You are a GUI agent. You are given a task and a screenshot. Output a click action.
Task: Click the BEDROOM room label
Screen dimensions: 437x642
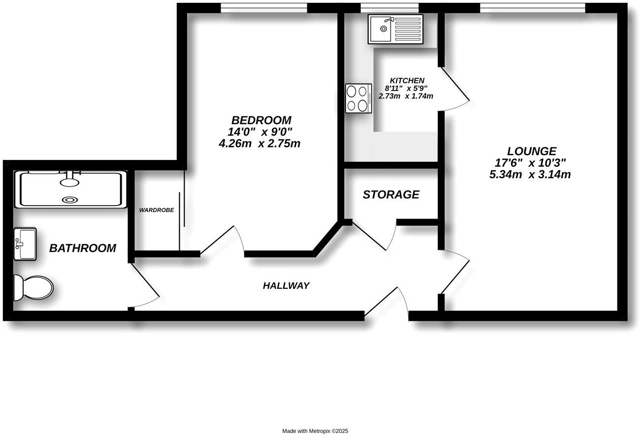point(261,120)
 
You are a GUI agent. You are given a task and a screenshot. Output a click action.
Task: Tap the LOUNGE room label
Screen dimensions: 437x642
point(532,152)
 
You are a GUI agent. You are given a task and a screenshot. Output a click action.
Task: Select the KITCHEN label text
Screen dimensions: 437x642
point(407,81)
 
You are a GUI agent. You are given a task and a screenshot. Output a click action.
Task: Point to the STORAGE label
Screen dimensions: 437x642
point(391,195)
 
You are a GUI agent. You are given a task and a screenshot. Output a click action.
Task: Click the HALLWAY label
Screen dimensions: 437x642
point(286,285)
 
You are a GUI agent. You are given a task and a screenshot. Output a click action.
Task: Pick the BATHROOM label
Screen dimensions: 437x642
point(83,248)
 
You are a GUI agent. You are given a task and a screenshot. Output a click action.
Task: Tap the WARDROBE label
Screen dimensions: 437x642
point(157,210)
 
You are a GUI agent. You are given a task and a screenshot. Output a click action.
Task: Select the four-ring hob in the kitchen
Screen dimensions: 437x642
point(358,98)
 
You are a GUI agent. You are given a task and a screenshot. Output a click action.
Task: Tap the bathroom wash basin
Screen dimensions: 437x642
point(25,243)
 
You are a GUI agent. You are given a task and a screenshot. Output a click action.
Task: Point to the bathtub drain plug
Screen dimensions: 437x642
point(70,200)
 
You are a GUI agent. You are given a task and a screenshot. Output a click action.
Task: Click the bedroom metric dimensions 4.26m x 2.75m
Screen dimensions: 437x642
point(259,144)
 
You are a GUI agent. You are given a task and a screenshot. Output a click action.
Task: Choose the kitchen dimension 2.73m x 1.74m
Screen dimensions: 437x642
point(406,96)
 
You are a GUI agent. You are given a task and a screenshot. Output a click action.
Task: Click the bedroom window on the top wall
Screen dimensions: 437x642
point(264,7)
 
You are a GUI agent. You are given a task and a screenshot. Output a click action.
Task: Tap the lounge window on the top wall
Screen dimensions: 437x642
point(532,7)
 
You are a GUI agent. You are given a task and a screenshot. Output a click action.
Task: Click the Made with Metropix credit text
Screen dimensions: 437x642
point(315,431)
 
